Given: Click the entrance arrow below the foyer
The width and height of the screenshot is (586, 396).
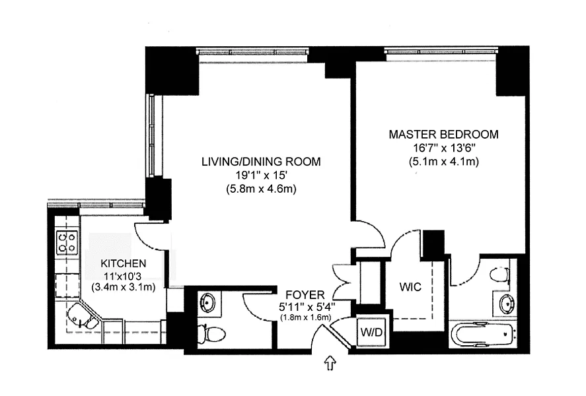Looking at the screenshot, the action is pyautogui.click(x=330, y=362).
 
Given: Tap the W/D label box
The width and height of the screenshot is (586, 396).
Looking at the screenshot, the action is pyautogui.click(x=371, y=331).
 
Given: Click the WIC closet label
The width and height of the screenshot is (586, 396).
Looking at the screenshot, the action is pyautogui.click(x=410, y=287).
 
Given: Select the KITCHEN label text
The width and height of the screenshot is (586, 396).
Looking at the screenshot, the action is pyautogui.click(x=124, y=263).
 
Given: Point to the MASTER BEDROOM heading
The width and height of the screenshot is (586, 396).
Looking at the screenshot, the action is pyautogui.click(x=443, y=135).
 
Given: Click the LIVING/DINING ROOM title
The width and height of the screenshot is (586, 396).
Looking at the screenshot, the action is pyautogui.click(x=261, y=162).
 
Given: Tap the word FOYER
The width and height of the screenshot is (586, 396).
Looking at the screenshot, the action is pyautogui.click(x=305, y=295).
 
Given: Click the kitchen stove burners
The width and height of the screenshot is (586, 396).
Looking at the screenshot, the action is pyautogui.click(x=67, y=243).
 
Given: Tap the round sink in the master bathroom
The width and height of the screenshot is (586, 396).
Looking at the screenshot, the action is pyautogui.click(x=506, y=303).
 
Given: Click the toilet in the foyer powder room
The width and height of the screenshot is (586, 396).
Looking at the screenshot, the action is pyautogui.click(x=211, y=333).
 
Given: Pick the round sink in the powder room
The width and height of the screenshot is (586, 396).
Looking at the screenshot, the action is pyautogui.click(x=207, y=302).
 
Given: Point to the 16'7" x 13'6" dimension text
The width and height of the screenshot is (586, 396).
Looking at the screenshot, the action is pyautogui.click(x=444, y=148).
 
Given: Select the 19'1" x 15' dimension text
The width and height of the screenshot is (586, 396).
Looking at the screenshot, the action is pyautogui.click(x=261, y=176).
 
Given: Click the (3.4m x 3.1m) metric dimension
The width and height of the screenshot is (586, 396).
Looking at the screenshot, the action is pyautogui.click(x=124, y=287).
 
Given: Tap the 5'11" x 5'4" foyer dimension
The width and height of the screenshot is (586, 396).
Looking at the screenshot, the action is pyautogui.click(x=307, y=307).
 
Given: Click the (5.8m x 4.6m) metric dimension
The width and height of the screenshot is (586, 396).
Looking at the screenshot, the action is pyautogui.click(x=261, y=189).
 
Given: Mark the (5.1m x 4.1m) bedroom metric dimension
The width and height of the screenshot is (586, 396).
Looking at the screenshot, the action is pyautogui.click(x=444, y=162).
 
